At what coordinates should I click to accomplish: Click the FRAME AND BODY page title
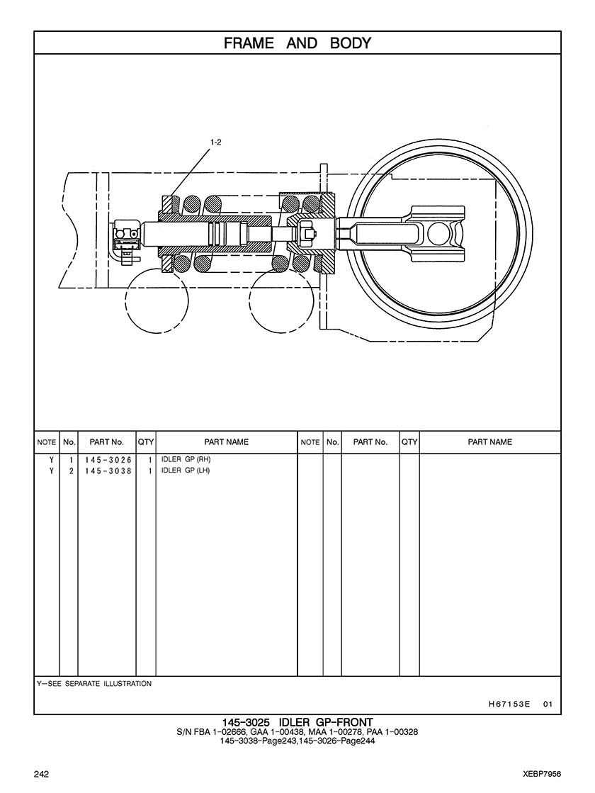[297, 43]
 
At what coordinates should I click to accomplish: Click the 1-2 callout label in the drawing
[216, 142]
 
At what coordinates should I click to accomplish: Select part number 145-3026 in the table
[108, 459]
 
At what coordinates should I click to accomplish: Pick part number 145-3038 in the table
[108, 471]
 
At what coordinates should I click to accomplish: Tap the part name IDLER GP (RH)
[186, 459]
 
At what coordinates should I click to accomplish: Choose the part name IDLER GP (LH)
[186, 471]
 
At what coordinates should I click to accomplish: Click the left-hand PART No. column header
[107, 442]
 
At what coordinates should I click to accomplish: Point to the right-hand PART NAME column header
[489, 442]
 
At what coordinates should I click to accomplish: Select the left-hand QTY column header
[146, 442]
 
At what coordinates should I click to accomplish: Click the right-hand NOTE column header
[310, 442]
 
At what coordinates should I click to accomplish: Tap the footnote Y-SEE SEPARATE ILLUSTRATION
[94, 684]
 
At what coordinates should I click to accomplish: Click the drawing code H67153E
[509, 704]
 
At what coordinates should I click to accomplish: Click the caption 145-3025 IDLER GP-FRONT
[297, 722]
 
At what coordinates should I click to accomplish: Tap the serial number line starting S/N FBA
[297, 732]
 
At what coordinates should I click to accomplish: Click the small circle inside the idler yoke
[439, 231]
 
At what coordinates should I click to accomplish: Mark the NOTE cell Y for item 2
[51, 471]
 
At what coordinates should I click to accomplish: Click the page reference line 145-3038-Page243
[297, 741]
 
